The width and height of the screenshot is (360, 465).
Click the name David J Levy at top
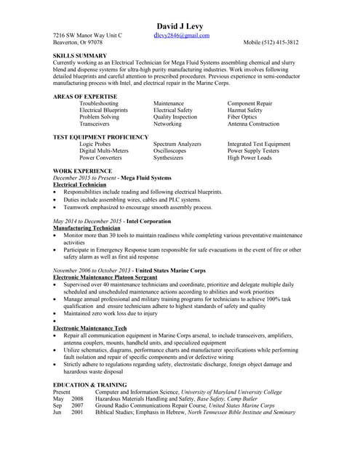pos(180,25)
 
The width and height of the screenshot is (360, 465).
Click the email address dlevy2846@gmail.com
pos(181,35)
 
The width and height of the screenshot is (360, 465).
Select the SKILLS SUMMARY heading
pos(81,56)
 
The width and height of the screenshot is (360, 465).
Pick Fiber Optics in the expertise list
pos(242,117)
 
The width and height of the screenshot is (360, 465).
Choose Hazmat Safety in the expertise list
pos(245,110)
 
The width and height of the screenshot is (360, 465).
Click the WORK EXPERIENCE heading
pos(83,171)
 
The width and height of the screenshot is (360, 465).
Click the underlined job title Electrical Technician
pos(80,185)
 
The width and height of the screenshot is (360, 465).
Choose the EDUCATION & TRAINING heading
pos(90,384)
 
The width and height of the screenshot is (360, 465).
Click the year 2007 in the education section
pos(77,405)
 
